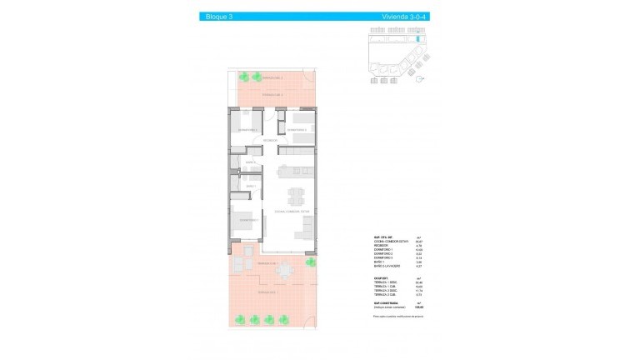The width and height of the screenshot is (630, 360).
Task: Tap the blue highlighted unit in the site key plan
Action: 413,39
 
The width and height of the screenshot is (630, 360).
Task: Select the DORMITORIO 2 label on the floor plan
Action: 297,130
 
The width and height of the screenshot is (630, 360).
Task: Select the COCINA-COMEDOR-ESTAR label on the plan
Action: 292,212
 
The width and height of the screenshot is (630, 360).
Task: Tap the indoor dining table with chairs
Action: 297,197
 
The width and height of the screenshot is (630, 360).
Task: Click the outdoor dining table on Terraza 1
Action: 285,268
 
